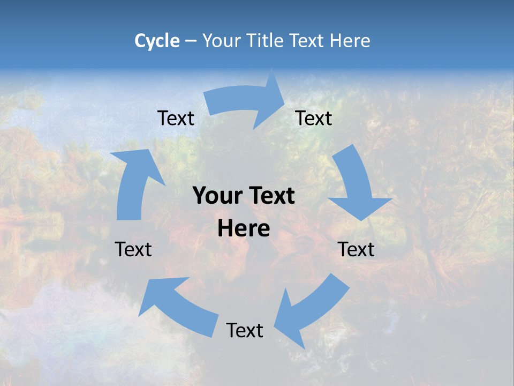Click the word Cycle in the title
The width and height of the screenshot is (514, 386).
(157, 41)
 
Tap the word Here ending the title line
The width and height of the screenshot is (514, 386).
(350, 41)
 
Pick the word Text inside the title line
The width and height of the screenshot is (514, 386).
(308, 41)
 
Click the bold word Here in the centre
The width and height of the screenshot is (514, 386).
(244, 229)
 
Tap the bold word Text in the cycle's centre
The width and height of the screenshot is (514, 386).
(271, 196)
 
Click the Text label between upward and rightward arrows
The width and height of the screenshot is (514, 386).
(176, 118)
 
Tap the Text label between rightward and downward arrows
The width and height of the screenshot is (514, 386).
(314, 118)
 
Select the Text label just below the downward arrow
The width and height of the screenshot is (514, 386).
(356, 249)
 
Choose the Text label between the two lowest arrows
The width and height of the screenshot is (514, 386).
(245, 330)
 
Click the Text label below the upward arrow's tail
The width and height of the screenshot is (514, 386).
(133, 249)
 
